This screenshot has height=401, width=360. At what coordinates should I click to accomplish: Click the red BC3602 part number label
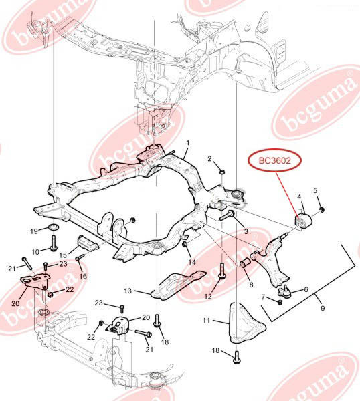275,160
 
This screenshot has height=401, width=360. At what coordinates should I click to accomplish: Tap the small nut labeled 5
322,210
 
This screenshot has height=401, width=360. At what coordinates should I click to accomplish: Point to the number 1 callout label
188,143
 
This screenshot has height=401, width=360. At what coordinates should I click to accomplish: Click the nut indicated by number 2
222,171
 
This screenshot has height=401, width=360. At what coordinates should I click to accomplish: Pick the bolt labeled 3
227,215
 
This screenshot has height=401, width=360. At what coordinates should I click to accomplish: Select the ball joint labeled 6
285,291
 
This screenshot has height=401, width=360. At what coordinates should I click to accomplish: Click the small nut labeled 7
280,302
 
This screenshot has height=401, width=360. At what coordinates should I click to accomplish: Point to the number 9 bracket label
323,308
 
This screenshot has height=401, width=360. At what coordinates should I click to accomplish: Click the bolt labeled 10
54,243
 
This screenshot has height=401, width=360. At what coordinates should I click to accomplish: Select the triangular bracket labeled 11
245,323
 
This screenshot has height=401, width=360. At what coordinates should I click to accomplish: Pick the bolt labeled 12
221,271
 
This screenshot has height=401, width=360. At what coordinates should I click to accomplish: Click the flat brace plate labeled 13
178,285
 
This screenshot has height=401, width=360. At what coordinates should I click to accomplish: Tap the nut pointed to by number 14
185,244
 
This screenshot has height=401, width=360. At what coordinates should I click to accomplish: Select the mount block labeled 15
88,244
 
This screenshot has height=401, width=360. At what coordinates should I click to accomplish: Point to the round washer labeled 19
54,227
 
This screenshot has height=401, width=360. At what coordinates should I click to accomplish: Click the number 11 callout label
207,320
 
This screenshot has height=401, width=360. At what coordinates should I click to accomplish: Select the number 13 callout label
128,291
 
